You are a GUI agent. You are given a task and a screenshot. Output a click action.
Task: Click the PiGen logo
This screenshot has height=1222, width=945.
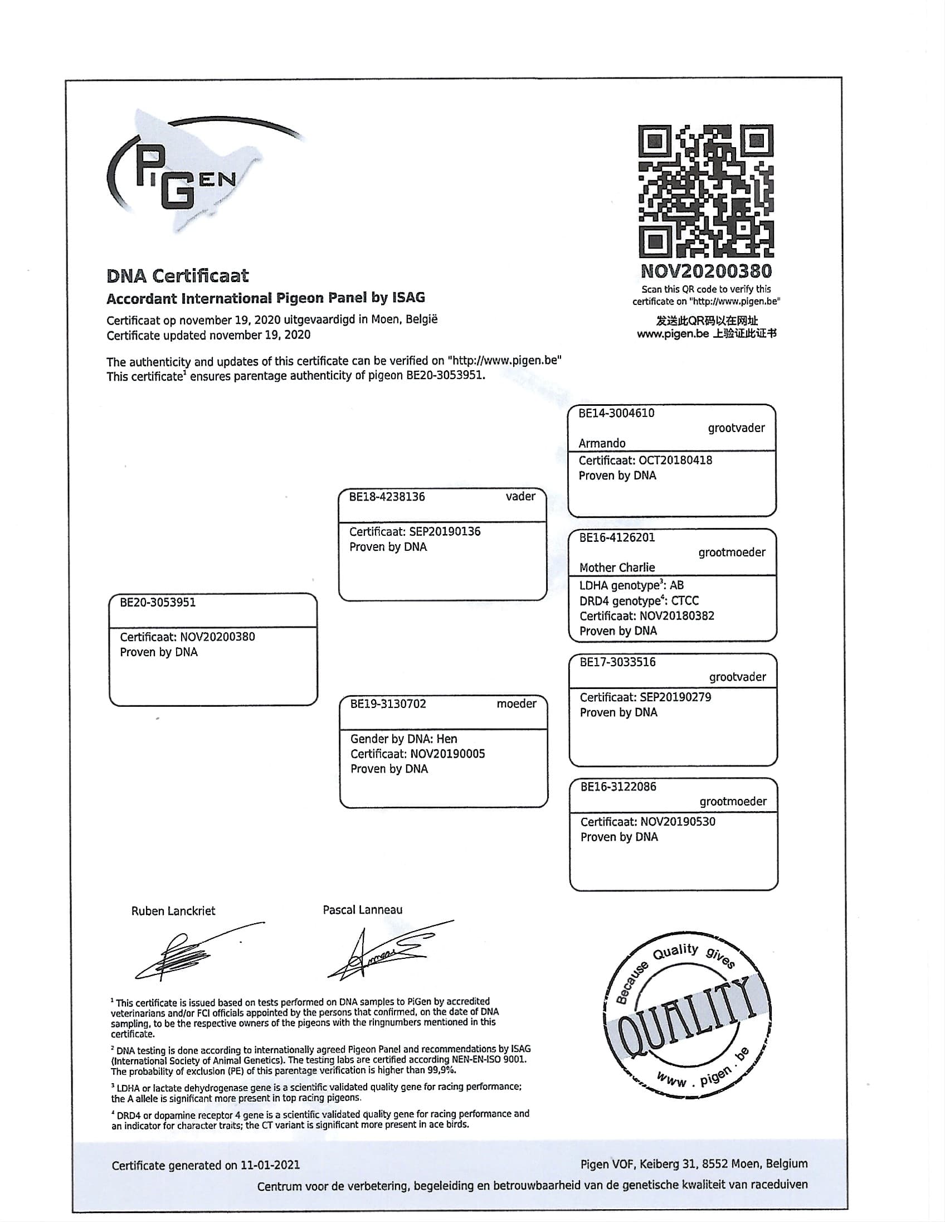pyautogui.click(x=184, y=173)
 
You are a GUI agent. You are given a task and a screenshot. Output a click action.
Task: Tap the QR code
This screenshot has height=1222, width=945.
pyautogui.click(x=705, y=191)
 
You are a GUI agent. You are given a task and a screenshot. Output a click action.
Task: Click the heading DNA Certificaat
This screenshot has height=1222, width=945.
pyautogui.click(x=177, y=275)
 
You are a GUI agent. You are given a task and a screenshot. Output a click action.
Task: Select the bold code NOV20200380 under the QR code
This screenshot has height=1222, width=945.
pyautogui.click(x=705, y=271)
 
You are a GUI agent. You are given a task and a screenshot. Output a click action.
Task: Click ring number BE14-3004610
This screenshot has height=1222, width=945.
pyautogui.click(x=616, y=414)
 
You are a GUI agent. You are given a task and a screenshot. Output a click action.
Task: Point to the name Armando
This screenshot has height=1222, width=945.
pyautogui.click(x=602, y=443)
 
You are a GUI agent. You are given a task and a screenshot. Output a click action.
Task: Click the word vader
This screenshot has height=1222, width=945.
pyautogui.click(x=520, y=496)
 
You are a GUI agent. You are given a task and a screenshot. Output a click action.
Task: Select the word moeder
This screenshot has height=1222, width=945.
pyautogui.click(x=516, y=704)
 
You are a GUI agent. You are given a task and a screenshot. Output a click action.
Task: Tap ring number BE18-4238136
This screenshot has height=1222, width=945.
pyautogui.click(x=387, y=497)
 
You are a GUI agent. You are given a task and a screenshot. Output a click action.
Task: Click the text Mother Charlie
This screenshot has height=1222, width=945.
pyautogui.click(x=617, y=568)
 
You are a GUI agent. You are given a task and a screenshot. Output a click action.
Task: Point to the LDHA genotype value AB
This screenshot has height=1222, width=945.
pyautogui.click(x=676, y=585)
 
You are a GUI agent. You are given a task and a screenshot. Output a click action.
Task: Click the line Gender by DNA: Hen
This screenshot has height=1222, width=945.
pyautogui.click(x=404, y=739)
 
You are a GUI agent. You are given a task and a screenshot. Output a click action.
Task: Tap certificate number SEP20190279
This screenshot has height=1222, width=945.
pyautogui.click(x=675, y=697)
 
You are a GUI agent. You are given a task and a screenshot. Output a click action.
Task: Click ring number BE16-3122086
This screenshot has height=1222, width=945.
pyautogui.click(x=618, y=786)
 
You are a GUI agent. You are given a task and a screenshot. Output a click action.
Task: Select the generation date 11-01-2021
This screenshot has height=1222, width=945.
pyautogui.click(x=270, y=1165)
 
